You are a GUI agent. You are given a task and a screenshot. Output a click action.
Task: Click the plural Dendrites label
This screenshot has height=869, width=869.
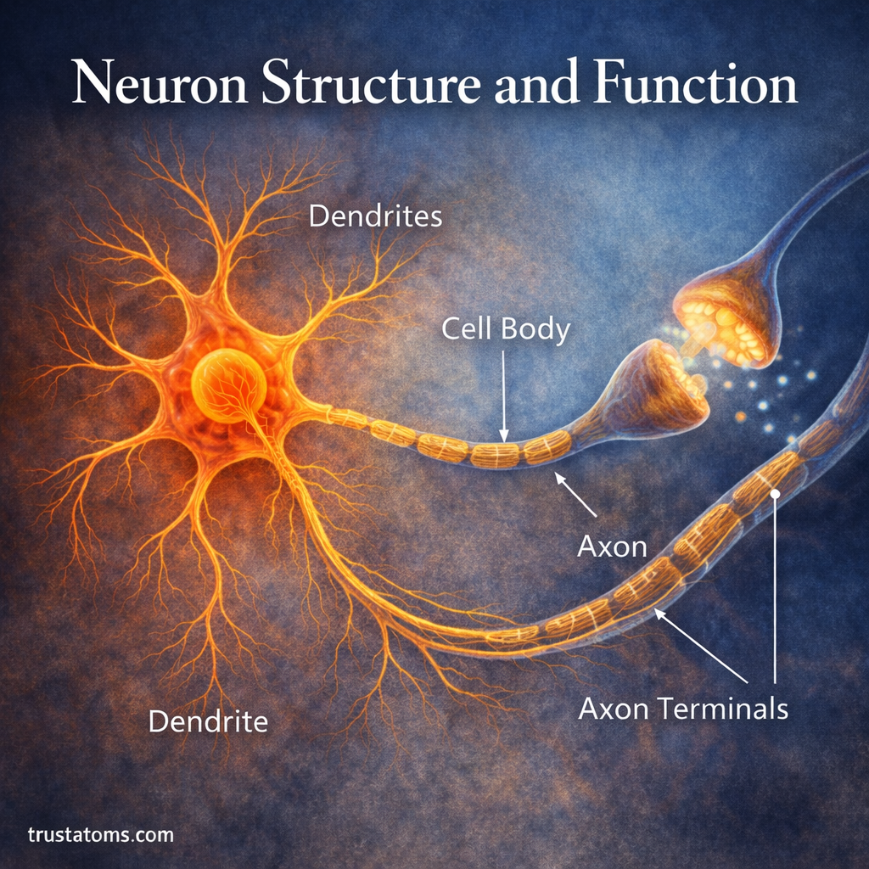tap(375, 216)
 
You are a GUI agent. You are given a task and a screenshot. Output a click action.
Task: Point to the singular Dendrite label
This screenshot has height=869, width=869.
tap(208, 721)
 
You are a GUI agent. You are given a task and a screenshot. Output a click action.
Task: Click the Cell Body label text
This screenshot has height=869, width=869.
tap(505, 329)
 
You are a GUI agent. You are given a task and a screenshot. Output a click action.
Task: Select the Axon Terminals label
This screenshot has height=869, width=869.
tap(683, 708)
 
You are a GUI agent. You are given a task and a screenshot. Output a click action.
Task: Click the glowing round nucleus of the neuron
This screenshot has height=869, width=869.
tap(228, 386)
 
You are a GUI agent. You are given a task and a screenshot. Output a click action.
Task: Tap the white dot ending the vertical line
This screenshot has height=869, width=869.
tap(775, 492)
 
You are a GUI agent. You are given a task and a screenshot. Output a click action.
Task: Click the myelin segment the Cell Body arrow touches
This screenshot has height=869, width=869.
tap(495, 455)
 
